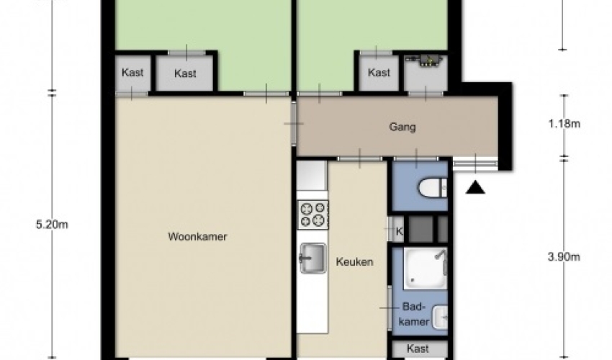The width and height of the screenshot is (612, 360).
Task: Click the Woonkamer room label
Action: (197, 237)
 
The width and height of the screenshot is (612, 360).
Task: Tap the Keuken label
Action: (354, 261)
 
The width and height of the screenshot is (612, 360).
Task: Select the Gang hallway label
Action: (402, 127)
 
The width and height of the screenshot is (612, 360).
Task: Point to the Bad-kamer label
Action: (414, 314)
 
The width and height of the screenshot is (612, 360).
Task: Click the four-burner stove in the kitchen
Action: (313, 215)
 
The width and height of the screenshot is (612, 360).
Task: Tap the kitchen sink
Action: (312, 258)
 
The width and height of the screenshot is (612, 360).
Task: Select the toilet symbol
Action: (433, 189)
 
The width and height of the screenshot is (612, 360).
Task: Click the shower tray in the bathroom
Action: (425, 269)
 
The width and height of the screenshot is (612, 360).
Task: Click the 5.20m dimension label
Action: (52, 225)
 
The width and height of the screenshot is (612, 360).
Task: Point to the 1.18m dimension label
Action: (564, 124)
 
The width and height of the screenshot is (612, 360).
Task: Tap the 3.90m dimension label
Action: (564, 257)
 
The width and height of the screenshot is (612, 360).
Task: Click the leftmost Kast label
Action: (132, 72)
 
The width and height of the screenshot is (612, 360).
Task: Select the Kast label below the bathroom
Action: (418, 348)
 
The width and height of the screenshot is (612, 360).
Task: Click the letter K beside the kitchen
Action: (400, 232)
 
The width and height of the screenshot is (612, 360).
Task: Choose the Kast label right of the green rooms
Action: (379, 72)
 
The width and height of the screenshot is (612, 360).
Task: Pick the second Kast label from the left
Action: (185, 73)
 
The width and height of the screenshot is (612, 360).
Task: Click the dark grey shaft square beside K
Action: (420, 229)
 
